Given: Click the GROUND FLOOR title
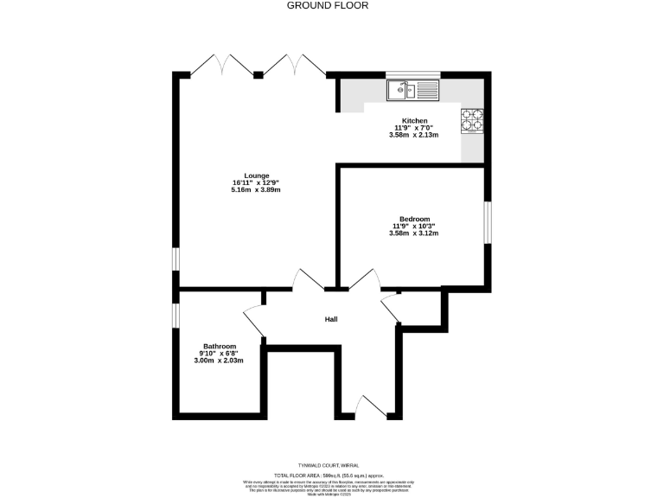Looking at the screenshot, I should (x=328, y=5).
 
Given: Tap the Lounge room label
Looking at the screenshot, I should (x=256, y=175).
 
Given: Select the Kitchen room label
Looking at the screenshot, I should (x=414, y=120).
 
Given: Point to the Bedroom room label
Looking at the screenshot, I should (x=414, y=219).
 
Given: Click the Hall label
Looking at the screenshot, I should (x=331, y=319).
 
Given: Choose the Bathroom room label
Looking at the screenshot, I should (x=219, y=346).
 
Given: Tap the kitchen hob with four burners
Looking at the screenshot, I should (x=472, y=120).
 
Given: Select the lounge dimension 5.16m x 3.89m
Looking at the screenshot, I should (x=256, y=190).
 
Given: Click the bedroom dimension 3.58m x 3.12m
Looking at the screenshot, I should (x=414, y=233).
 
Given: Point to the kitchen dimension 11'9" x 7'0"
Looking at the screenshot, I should (x=414, y=128).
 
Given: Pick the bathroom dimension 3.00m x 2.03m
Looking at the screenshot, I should (x=219, y=361).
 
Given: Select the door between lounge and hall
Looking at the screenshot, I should (x=309, y=279).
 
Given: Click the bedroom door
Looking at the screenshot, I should (x=364, y=278).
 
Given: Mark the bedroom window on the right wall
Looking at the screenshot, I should (x=487, y=222).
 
